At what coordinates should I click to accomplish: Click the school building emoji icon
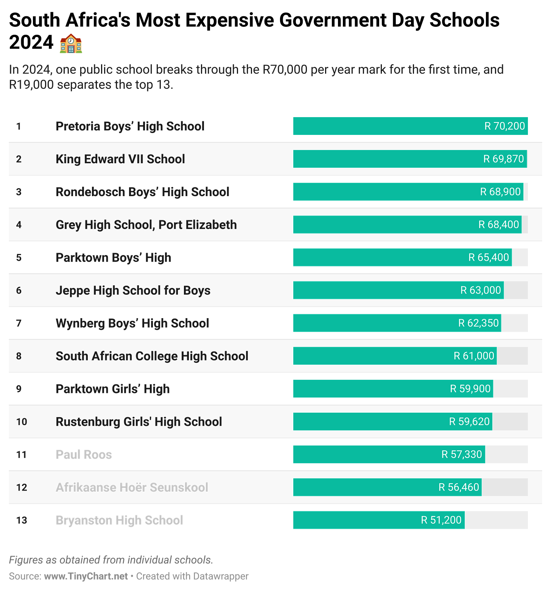pyautogui.click(x=71, y=43)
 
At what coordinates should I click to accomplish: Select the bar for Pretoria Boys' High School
pyautogui.click(x=386, y=126)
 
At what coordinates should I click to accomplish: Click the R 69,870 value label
pyautogui.click(x=503, y=159)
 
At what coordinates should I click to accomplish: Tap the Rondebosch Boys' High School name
pyautogui.click(x=142, y=192)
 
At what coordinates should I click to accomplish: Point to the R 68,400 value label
pyautogui.click(x=498, y=224)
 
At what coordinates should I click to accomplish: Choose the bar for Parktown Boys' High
pyautogui.click(x=378, y=257)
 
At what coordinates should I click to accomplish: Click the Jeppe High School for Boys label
pyautogui.click(x=133, y=290)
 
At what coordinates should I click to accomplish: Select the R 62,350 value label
pyautogui.click(x=478, y=323)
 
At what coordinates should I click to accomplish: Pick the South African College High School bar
pyautogui.click(x=371, y=356)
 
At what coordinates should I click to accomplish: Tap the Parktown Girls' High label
pyautogui.click(x=113, y=389)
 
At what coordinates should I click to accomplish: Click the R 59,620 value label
pyautogui.click(x=469, y=421)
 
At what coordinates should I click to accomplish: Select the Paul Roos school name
pyautogui.click(x=84, y=454)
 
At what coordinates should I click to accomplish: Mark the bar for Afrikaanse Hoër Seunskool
pyautogui.click(x=363, y=487)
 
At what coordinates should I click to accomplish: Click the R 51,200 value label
pyautogui.click(x=441, y=520)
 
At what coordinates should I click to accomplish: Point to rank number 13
pyautogui.click(x=22, y=520)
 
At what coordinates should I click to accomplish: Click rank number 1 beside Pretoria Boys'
pyautogui.click(x=19, y=126)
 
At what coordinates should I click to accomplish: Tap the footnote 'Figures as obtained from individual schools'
pyautogui.click(x=111, y=560)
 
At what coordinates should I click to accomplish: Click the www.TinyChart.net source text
pyautogui.click(x=86, y=576)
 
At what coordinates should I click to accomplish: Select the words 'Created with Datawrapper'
pyautogui.click(x=192, y=576)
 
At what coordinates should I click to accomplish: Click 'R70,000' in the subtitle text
pyautogui.click(x=285, y=70)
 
